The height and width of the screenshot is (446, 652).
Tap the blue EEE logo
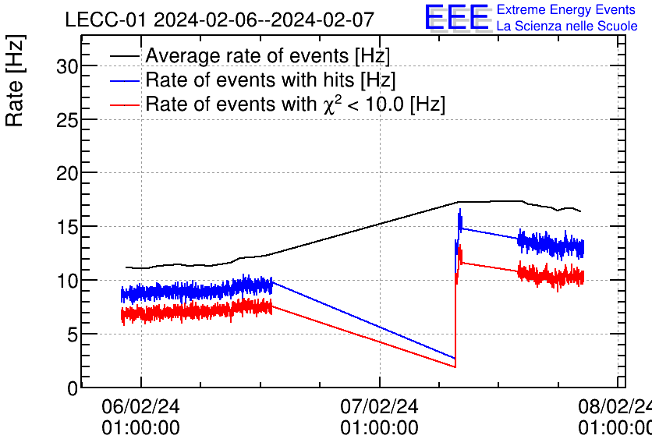(456, 18)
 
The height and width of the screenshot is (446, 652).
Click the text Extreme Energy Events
(566, 10)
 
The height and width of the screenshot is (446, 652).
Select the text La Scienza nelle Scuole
(566, 27)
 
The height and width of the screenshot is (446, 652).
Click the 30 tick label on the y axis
(67, 66)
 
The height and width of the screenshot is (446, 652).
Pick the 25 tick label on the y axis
(67, 119)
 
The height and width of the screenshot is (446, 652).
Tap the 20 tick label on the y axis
(67, 173)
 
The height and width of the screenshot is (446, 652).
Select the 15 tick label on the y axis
(67, 227)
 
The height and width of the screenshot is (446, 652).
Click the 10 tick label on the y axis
(67, 280)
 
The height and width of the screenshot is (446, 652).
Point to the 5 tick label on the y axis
(73, 334)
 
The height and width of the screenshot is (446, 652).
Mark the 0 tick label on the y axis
(73, 388)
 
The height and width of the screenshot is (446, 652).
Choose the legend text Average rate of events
(268, 56)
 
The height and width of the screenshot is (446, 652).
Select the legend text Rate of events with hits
(271, 80)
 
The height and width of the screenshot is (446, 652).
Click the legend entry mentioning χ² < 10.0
(296, 104)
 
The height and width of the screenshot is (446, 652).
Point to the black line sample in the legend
(125, 56)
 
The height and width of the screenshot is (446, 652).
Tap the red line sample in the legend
(125, 104)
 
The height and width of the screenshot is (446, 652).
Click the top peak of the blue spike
(460, 209)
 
